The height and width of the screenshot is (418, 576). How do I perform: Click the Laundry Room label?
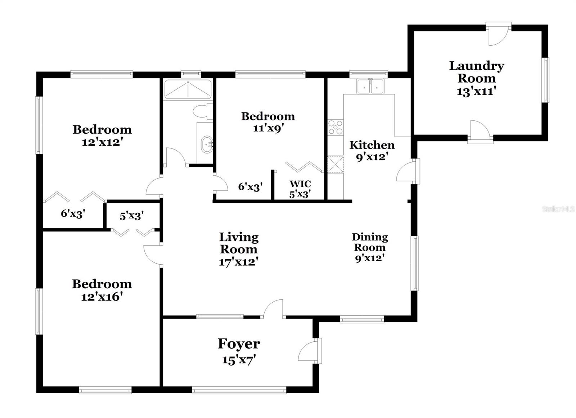coord(476,72)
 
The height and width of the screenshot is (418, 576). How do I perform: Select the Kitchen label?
coord(372,145)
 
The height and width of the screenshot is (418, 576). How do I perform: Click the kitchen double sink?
coord(370,87)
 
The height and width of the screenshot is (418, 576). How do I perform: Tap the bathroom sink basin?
coord(206,144)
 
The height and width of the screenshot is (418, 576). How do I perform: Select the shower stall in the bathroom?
coord(188,89)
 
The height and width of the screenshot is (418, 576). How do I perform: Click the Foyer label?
coord(239,344)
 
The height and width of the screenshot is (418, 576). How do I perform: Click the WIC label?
coord(300,184)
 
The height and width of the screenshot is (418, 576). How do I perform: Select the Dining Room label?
coord(370,242)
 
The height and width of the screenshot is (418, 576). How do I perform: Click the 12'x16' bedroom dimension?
coord(102,297)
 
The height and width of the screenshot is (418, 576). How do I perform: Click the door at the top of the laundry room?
coord(498,34)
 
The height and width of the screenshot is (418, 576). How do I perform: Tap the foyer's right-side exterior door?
coord(310,351)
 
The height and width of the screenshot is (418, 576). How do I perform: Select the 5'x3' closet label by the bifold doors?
coord(132,216)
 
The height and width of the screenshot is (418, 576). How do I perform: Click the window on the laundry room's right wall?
coord(546,80)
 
